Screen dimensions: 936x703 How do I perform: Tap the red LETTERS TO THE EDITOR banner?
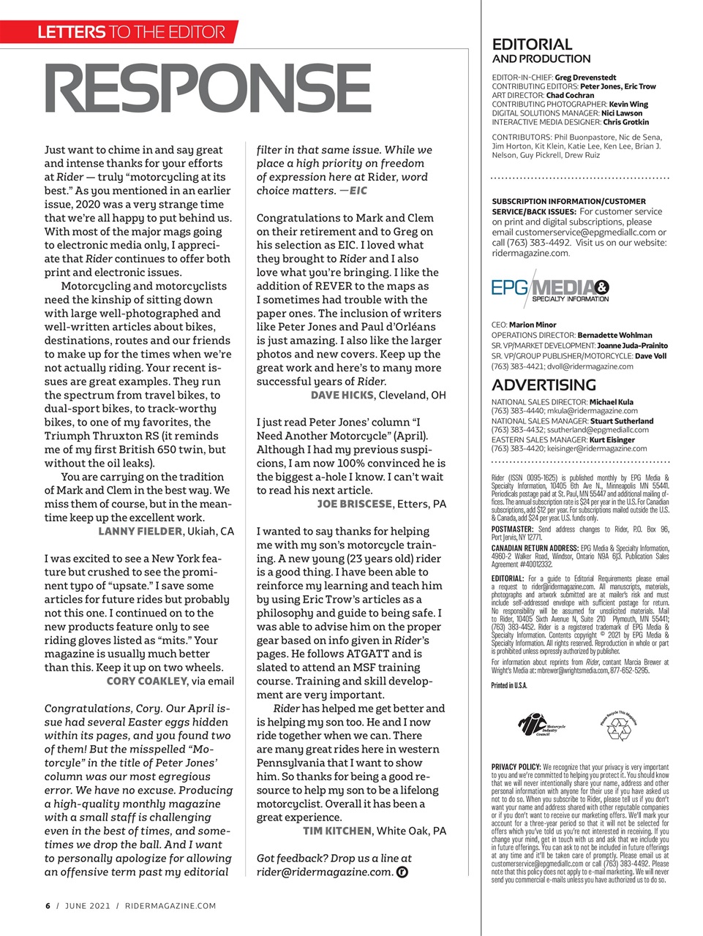[x=132, y=32]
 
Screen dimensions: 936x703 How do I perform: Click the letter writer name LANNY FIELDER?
[x=140, y=531]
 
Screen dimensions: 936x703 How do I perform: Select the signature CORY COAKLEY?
[x=147, y=681]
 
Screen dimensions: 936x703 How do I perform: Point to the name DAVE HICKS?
[x=342, y=395]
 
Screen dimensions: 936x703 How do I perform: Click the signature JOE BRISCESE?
[x=355, y=504]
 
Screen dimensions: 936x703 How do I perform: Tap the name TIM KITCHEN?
[x=337, y=831]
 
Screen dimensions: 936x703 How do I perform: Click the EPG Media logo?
[x=550, y=290]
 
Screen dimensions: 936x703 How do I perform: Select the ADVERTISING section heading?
[x=544, y=385]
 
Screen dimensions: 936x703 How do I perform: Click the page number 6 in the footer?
[x=48, y=906]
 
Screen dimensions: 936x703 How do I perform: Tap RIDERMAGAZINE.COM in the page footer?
[x=170, y=906]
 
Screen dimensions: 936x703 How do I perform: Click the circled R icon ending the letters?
[x=401, y=872]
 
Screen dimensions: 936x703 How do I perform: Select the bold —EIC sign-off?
[x=354, y=191]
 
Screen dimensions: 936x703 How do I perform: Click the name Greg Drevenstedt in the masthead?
[x=585, y=77]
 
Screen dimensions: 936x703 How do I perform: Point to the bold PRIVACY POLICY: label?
[x=516, y=767]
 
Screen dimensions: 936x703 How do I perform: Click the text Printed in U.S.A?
[x=509, y=685]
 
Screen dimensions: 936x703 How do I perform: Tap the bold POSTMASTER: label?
[x=513, y=529]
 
